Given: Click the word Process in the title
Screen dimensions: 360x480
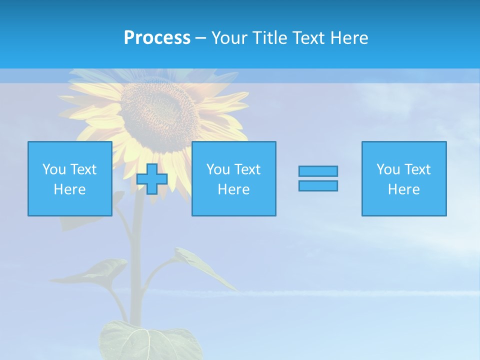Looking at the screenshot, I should coord(157,38).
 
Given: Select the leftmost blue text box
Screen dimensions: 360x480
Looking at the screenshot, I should coord(70,178).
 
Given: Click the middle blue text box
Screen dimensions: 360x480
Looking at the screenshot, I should coord(233,178).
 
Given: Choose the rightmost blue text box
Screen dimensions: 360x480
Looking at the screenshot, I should coord(403,178).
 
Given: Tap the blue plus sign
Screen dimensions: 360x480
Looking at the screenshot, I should coord(152,179).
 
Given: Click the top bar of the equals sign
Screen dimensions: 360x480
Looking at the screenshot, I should coord(318,171).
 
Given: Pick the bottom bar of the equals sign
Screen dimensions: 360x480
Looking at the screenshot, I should coord(318,186).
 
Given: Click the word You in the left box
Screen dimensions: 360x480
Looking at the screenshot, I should coord(54,169).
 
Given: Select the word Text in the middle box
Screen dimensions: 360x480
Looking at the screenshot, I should coord(247,169).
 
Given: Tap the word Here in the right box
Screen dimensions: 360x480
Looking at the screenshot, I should coord(403,189).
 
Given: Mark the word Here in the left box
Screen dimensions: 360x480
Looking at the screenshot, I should coord(70,189).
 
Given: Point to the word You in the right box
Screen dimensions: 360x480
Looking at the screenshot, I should coord(388,169).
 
